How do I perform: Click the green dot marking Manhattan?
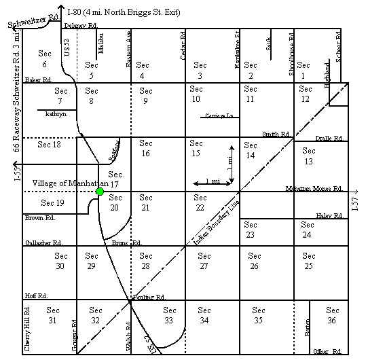pos(100,192)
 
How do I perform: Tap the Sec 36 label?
pos(332,315)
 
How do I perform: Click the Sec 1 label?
pos(304,70)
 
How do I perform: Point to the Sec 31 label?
pos(52,315)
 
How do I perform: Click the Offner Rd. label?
pos(328,350)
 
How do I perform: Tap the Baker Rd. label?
pos(39,80)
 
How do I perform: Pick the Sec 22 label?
pos(200,202)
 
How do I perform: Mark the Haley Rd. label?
pos(330,215)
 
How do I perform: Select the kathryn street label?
pos(56,115)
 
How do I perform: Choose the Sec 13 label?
pos(309,156)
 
